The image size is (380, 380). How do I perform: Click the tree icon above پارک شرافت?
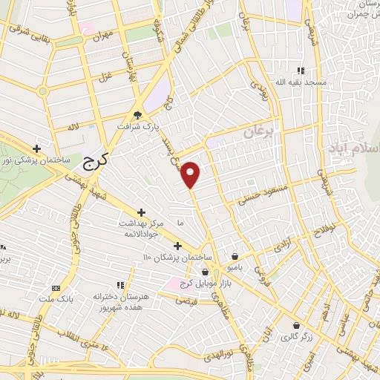click(x=137, y=114)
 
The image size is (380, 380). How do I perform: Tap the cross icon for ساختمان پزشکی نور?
click(x=36, y=148)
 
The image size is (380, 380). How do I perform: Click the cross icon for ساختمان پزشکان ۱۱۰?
click(x=177, y=246)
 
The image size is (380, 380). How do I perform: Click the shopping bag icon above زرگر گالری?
click(x=297, y=325)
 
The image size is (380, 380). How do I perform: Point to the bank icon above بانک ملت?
click(x=55, y=288)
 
